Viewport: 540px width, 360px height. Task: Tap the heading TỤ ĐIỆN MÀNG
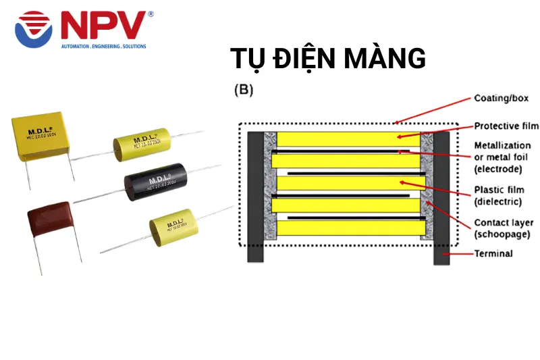coord(328,59)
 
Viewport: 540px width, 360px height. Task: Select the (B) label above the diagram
coord(244,90)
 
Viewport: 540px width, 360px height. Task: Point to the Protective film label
coord(506,126)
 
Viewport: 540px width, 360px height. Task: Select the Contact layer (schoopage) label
coord(504,228)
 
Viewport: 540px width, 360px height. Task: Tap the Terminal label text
coord(493,254)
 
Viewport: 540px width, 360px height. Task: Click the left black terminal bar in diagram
coord(255,196)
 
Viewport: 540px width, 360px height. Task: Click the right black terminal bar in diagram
coord(441,196)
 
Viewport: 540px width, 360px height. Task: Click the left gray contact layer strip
coord(269,186)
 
